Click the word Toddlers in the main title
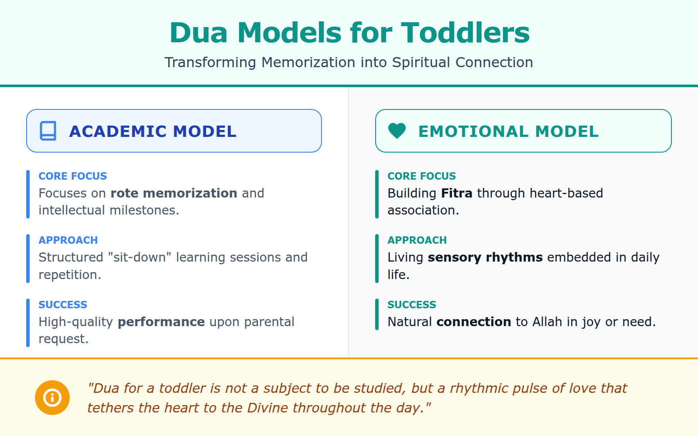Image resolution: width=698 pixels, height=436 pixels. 465,33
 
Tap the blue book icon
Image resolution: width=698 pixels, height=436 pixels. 48,131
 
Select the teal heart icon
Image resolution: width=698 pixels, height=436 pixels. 397,130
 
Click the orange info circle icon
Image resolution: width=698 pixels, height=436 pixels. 52,398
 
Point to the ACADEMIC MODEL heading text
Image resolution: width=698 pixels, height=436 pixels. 153,131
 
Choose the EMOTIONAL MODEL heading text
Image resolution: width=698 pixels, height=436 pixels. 508,131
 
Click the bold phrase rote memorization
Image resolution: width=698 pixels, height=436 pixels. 174,193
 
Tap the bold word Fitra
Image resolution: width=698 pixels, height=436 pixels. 456,193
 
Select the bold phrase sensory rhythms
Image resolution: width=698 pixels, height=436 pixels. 485,257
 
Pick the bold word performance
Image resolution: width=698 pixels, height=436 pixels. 161,322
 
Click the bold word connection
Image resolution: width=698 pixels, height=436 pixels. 473,322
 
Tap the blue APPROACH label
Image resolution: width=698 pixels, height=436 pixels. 68,240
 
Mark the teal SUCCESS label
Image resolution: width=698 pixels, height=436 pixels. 411,305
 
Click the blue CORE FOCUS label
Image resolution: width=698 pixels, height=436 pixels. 72,176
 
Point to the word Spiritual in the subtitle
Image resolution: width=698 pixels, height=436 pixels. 421,62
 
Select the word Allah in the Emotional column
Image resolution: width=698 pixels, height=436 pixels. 547,322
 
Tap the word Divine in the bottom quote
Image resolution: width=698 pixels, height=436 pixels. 267,408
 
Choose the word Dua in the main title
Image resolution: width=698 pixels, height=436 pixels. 198,33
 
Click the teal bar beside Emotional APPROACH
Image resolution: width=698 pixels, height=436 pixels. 377,258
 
